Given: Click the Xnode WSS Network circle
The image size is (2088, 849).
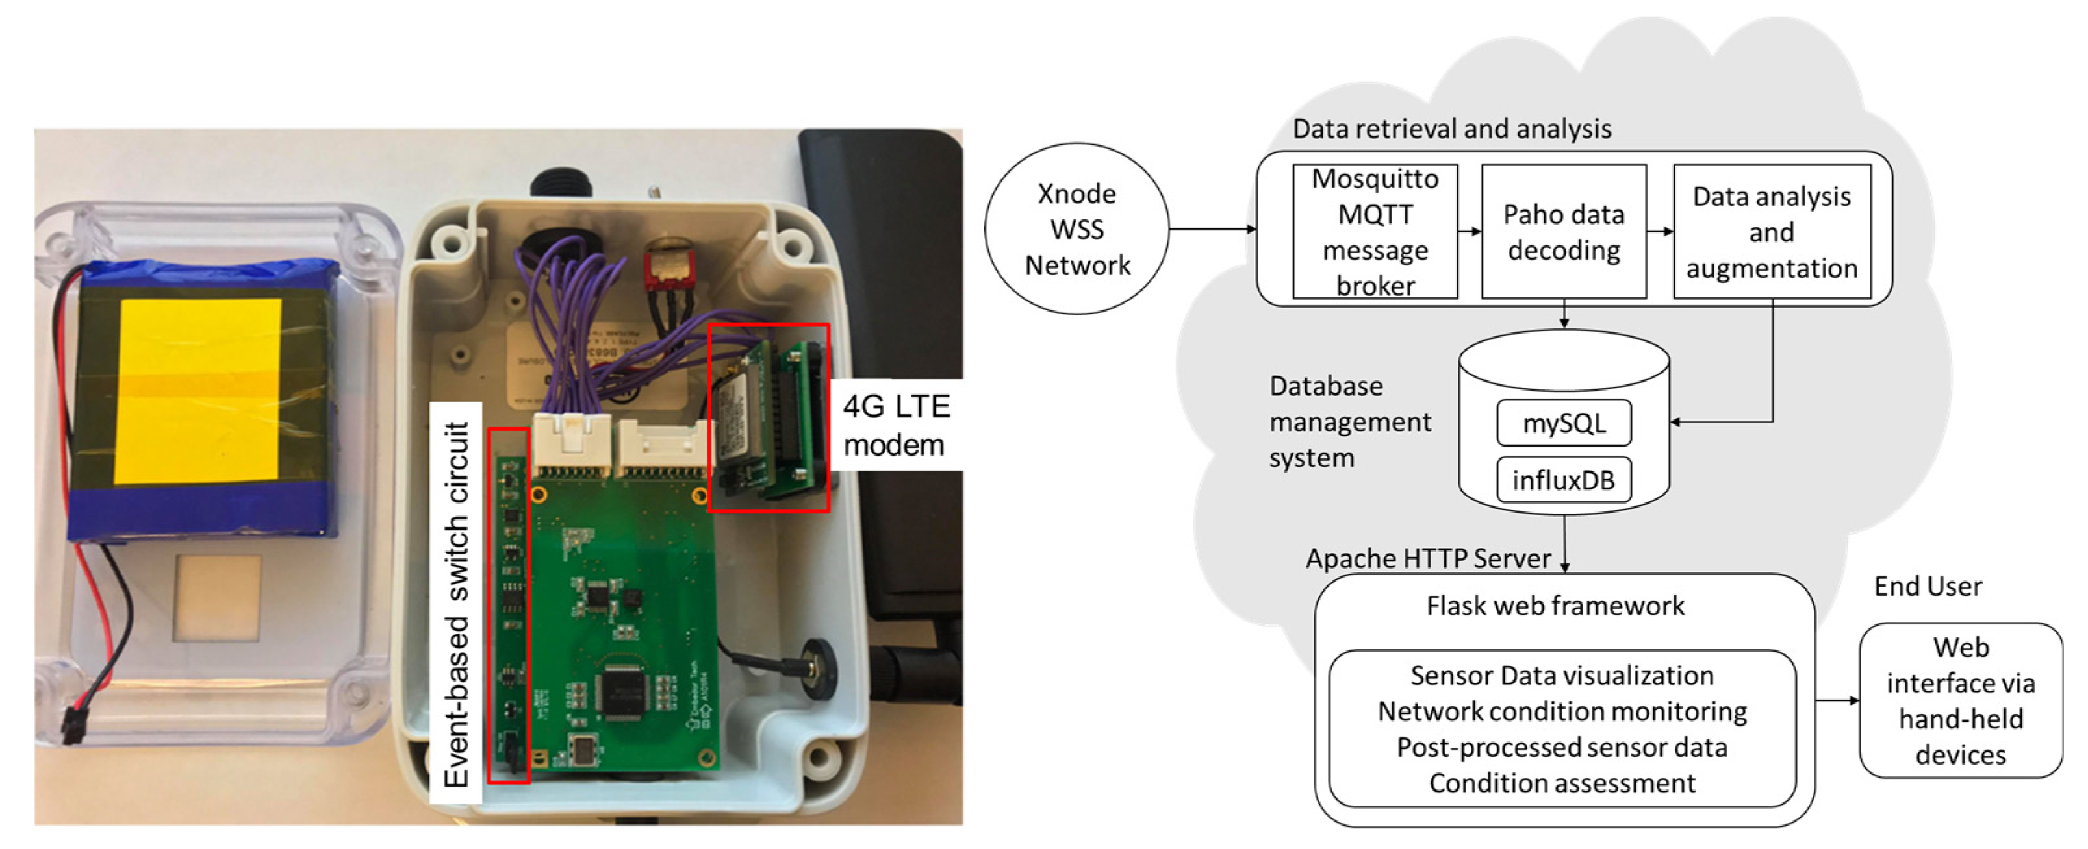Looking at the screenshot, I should tap(1076, 229).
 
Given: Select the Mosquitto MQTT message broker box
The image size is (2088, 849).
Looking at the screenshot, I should tap(1375, 232).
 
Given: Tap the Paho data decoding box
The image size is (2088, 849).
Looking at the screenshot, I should tap(1564, 232).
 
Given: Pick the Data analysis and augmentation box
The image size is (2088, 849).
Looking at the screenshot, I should tap(1772, 232).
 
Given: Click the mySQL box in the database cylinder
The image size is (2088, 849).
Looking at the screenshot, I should tap(1564, 423).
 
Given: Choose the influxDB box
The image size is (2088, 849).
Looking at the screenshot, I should tap(1564, 480).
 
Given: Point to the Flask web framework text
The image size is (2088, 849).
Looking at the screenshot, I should tap(1555, 606).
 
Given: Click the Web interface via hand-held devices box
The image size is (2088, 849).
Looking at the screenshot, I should tap(1960, 701).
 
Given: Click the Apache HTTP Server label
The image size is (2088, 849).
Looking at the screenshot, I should tap(1428, 559).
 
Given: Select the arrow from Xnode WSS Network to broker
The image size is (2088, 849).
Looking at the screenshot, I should tap(1212, 229).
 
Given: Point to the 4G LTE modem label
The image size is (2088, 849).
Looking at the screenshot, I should tap(896, 425).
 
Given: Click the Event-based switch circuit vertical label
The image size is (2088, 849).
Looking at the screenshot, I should tap(456, 604).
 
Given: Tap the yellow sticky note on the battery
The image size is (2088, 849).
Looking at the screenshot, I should tap(199, 391).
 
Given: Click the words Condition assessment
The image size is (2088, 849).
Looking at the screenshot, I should tap(1562, 783).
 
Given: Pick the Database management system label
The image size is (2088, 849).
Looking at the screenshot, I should tap(1349, 422).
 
